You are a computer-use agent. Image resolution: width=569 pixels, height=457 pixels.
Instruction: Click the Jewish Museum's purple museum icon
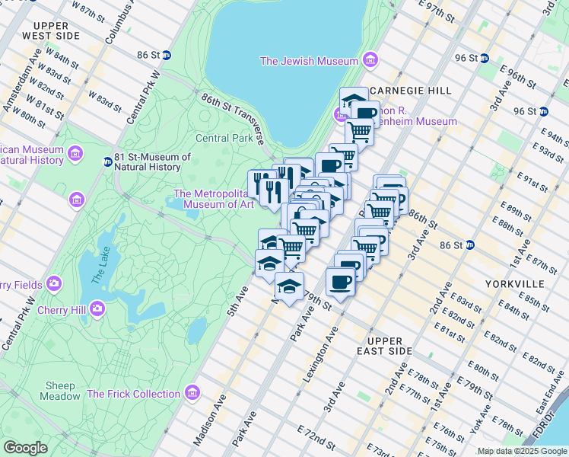(370, 60)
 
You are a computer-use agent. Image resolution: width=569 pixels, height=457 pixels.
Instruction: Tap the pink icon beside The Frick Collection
(192, 394)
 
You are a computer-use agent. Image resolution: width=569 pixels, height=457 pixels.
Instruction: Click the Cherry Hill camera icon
(97, 308)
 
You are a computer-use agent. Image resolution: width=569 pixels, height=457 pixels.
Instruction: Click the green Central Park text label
(224, 139)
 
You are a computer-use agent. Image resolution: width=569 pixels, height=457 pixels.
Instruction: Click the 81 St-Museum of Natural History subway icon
(108, 161)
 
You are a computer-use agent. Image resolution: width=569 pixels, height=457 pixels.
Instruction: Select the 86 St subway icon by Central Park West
(166, 55)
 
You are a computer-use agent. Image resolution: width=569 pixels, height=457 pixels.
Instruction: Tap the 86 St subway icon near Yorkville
(470, 245)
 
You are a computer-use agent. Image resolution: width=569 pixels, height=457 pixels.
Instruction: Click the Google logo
(25, 448)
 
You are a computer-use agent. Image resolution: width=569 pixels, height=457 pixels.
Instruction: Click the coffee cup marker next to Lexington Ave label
(340, 282)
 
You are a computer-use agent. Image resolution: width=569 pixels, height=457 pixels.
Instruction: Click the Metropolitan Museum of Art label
(214, 199)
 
